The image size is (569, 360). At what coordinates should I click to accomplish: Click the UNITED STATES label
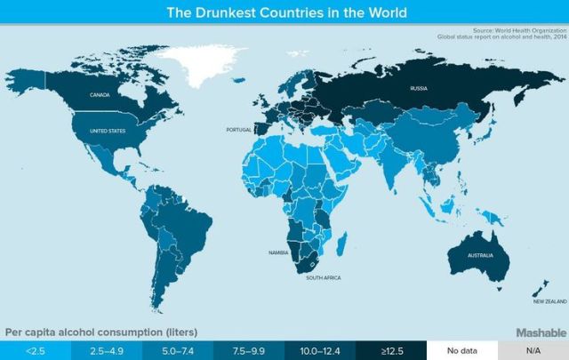pos(106,131)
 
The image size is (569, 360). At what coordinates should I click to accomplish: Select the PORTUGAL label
pos(239,129)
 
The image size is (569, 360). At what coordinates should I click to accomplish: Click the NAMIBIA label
pos(279,252)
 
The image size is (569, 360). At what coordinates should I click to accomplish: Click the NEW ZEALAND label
pos(549,300)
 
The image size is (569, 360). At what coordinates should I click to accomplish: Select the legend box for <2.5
pos(36,348)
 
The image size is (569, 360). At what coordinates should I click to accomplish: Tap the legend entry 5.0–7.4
pos(178,348)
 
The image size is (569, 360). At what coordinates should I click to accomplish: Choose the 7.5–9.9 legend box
pos(249,348)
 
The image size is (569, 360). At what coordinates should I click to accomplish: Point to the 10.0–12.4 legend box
pos(320,348)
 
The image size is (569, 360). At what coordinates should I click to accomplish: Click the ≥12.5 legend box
pos(391,348)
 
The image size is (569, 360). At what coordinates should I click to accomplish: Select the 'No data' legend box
pos(462,348)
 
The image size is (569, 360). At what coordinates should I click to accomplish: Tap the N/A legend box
pos(533,348)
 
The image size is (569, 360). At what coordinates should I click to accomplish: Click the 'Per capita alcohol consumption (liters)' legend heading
pos(102,332)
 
